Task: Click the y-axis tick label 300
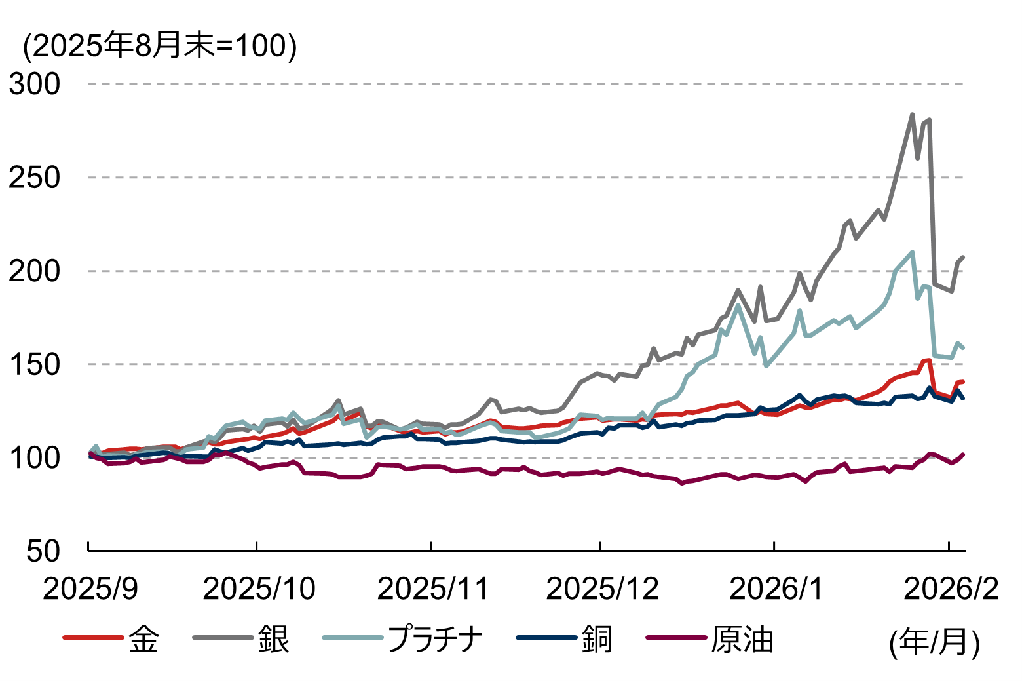tap(34, 84)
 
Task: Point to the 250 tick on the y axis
tap(34, 178)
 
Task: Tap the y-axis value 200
tap(34, 271)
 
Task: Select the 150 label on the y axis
tap(34, 364)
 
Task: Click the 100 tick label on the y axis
tap(34, 457)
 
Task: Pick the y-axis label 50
tap(43, 551)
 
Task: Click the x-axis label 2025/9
tap(90, 589)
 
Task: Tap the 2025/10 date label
tap(259, 589)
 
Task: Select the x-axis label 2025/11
tap(433, 589)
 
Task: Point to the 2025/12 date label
tap(601, 589)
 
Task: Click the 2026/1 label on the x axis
tap(776, 589)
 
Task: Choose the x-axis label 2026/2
tap(951, 589)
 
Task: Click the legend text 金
tap(143, 639)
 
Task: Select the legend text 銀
tap(273, 639)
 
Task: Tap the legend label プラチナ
tap(435, 639)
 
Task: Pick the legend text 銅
tap(597, 639)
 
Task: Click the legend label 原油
tap(742, 639)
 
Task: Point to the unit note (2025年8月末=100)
tap(160, 46)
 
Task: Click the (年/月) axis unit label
tap(934, 642)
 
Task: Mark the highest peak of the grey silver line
tap(912, 115)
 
